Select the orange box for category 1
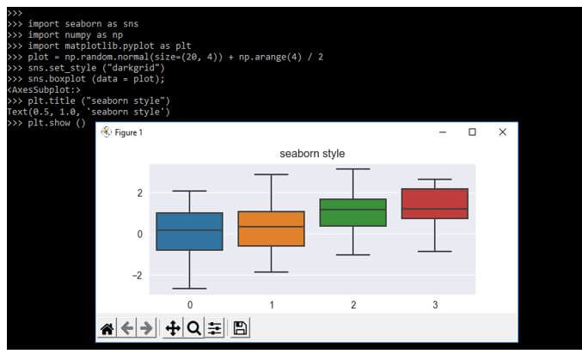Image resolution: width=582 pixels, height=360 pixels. pos(271,229)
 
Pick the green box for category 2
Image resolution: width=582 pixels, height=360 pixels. pos(352,212)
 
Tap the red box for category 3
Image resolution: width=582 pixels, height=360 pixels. pos(434,204)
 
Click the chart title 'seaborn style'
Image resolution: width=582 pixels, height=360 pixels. pos(312,153)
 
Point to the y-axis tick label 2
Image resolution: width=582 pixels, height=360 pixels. pos(138,192)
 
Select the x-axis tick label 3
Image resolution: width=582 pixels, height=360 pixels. pos(434,305)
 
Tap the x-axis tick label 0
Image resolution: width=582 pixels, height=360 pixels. pos(189,305)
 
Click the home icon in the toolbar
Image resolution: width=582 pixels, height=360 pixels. pos(107,328)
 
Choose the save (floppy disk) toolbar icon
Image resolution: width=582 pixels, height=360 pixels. pos(240,328)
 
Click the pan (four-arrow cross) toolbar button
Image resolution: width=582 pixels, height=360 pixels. pos(172,328)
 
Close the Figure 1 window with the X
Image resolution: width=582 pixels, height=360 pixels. pos(503,131)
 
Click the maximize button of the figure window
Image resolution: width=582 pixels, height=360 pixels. pos(472,131)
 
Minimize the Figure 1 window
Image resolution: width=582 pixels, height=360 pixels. pos(442,131)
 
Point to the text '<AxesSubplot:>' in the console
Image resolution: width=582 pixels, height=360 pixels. pos(43,89)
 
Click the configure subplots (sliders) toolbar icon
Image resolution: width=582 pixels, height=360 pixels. pos(215,328)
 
